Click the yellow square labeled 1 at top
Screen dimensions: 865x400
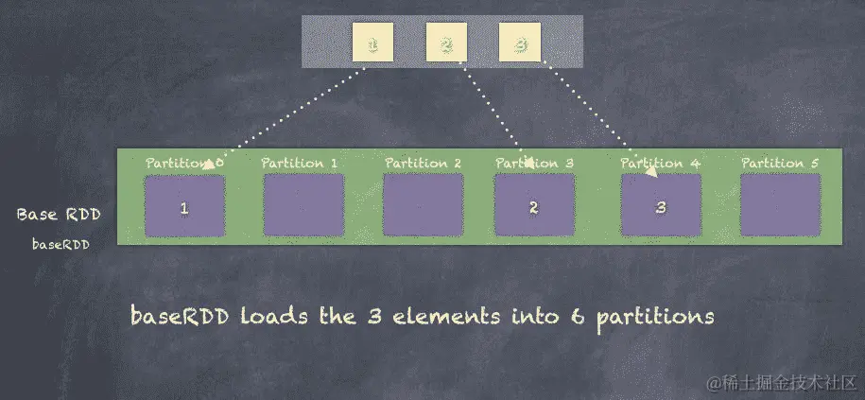(372, 43)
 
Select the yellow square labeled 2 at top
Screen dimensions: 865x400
(446, 43)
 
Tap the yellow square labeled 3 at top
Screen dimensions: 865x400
(520, 43)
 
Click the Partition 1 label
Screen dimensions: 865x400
(300, 163)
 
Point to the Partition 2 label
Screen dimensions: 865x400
(423, 163)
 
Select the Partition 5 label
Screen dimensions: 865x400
(780, 163)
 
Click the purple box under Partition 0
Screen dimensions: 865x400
(184, 205)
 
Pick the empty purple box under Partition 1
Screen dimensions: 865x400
(303, 205)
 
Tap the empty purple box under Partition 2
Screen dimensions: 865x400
(423, 205)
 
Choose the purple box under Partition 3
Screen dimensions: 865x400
(534, 205)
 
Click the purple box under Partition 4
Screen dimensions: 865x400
(661, 205)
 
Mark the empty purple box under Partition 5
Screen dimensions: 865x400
(780, 205)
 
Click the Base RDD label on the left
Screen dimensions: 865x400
(59, 215)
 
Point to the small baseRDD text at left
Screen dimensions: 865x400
(61, 245)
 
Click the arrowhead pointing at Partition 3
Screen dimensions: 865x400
(526, 163)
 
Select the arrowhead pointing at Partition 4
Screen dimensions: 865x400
(651, 171)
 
